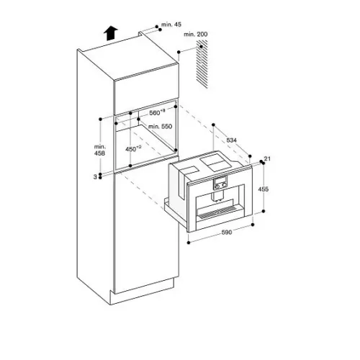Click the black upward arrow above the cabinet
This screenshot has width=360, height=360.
(111, 33)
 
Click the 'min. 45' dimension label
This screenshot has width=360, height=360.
(171, 24)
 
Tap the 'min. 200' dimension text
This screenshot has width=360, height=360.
(195, 35)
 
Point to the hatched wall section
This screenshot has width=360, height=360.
(202, 64)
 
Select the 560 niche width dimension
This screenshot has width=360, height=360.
(157, 112)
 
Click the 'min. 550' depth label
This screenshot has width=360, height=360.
(160, 127)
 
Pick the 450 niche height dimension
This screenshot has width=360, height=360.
(133, 149)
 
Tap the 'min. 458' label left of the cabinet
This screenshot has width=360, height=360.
(99, 150)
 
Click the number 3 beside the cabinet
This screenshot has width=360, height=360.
(95, 177)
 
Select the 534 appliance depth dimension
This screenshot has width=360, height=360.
(231, 140)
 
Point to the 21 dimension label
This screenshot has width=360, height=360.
(267, 158)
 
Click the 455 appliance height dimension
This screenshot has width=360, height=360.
(264, 189)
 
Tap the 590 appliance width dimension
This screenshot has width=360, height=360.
(227, 233)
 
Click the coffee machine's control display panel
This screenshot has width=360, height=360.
(220, 183)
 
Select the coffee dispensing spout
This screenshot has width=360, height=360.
(217, 196)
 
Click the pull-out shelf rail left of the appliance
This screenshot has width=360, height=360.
(176, 215)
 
